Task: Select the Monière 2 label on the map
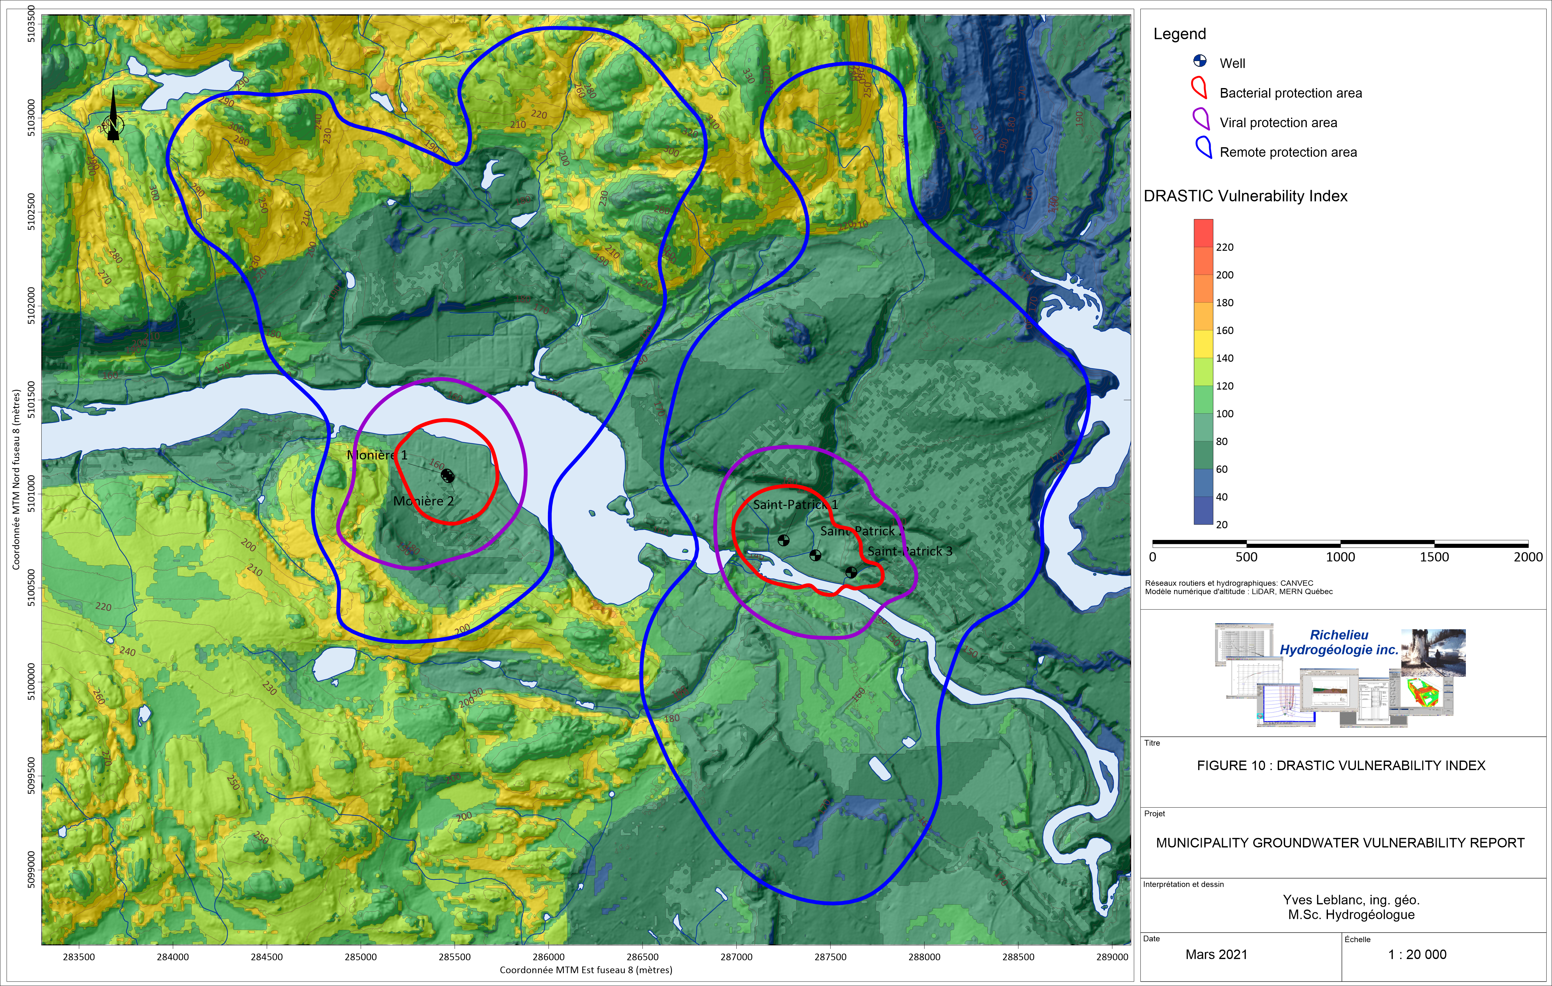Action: tap(423, 501)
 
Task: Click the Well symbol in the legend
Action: tap(1200, 61)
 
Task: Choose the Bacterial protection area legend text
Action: tap(1290, 93)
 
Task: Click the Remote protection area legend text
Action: tap(1288, 152)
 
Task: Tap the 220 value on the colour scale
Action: tap(1225, 247)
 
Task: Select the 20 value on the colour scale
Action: tap(1221, 524)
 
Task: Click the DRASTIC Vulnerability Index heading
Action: tap(1245, 196)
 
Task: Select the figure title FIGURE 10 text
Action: tap(1341, 765)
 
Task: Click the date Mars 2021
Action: tap(1216, 955)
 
